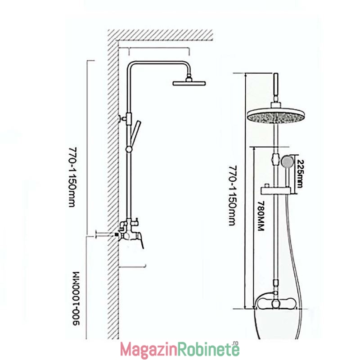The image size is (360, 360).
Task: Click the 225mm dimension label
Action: [300, 174]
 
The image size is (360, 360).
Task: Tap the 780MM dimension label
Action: [261, 216]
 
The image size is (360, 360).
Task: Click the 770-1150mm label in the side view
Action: [72, 177]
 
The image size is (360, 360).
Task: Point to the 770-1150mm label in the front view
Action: [233, 196]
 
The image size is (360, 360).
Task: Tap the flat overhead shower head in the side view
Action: [189, 83]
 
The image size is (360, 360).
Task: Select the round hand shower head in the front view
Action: [287, 162]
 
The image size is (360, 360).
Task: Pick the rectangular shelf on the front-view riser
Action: [276, 190]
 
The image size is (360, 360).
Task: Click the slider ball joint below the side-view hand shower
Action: [129, 149]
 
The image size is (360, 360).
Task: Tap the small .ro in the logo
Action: [235, 343]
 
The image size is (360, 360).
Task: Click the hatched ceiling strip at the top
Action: [160, 35]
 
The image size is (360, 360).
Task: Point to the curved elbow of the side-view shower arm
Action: [130, 65]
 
